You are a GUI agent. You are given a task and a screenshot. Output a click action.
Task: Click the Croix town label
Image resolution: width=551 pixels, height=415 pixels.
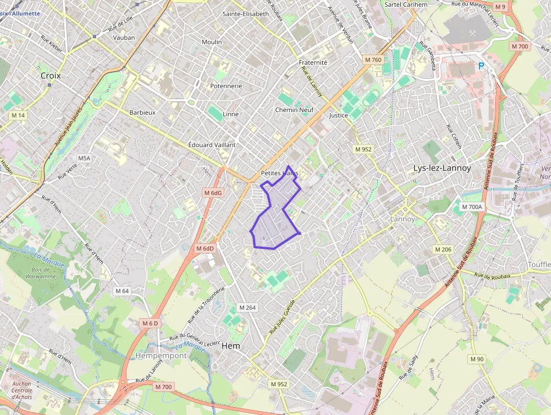51,75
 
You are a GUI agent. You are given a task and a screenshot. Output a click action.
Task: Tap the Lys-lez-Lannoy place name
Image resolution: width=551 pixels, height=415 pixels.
442,168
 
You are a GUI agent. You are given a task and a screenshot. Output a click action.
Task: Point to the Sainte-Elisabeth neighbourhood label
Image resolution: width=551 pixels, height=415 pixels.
246,14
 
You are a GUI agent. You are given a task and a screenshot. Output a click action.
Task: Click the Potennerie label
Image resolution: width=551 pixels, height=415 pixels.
225,86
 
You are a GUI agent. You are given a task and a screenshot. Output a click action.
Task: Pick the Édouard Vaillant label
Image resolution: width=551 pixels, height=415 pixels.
212,145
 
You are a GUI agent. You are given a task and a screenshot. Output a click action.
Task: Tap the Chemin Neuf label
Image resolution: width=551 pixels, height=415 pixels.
294,110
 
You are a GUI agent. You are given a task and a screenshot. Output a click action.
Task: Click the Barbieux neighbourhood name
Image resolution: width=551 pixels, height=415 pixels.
142,113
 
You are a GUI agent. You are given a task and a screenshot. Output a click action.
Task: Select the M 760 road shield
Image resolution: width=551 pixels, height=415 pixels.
373,60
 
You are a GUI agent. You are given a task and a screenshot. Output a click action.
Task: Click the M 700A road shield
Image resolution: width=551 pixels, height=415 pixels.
472,207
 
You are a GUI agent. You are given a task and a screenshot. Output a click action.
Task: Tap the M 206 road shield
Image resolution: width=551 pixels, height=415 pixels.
443,249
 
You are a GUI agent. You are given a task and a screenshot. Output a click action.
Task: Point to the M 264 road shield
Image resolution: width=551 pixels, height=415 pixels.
247,307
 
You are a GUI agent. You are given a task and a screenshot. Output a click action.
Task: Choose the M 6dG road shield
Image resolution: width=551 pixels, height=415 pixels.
214,193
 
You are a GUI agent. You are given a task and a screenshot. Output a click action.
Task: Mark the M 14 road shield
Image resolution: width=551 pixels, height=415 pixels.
19,115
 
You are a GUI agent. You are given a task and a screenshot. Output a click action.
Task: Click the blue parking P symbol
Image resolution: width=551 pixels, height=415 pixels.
481,66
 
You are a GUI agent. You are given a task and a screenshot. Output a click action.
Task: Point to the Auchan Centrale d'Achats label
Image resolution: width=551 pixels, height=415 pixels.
22,390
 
